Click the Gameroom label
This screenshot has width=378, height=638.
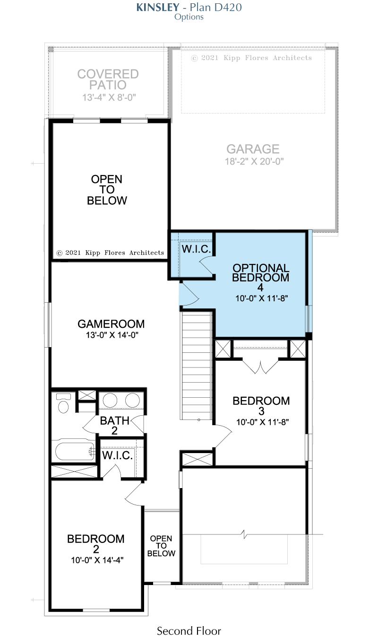tap(111, 324)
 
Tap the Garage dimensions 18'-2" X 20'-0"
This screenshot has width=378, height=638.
tap(254, 161)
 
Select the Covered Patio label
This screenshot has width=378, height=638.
tap(108, 79)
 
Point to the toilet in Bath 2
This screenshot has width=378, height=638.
tap(63, 403)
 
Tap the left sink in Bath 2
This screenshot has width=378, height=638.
tap(110, 400)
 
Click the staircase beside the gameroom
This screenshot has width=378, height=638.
tap(197, 366)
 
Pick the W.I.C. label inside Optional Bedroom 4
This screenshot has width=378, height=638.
tap(196, 249)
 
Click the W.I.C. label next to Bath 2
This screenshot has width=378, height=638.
tap(117, 455)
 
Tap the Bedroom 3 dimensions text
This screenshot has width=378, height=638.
tap(262, 422)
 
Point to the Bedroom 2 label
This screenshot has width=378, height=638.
tap(96, 544)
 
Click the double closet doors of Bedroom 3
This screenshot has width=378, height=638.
tap(260, 366)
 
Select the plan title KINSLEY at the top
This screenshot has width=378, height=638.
tap(158, 7)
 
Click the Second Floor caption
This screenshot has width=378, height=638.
tap(189, 631)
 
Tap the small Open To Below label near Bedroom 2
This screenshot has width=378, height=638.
tap(161, 546)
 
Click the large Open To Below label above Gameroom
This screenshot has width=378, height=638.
tap(107, 190)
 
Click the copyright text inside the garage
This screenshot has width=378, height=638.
tap(251, 58)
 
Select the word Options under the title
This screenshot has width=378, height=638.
tap(189, 17)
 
